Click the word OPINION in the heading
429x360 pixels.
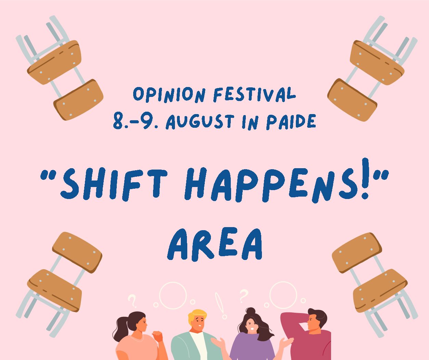pos(169,95)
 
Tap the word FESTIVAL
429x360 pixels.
pos(254,95)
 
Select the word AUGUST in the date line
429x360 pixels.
pos(200,122)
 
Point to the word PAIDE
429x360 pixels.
pos(291,122)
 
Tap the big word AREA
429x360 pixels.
pos(215,245)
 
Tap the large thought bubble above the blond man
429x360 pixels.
pos(173,282)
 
